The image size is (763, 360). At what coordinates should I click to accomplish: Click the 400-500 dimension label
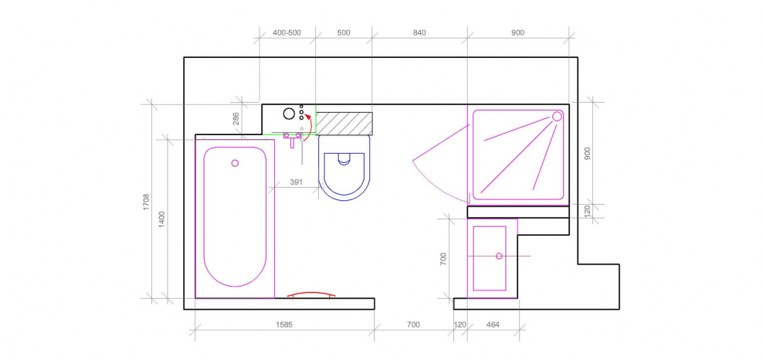(287, 33)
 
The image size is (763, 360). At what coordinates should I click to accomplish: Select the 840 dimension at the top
(419, 33)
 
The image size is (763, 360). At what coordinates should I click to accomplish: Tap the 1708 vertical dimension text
(147, 202)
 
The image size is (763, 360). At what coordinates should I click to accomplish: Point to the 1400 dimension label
(162, 220)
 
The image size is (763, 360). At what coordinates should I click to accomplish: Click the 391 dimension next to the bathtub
(297, 182)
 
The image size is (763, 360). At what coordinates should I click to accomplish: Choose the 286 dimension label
(236, 119)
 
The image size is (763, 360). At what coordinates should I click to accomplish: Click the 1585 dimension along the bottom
(284, 324)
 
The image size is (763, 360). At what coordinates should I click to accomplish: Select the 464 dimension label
(493, 324)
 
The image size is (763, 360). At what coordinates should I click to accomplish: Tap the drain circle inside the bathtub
(235, 163)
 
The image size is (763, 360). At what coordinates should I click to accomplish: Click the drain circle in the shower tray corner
(557, 117)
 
